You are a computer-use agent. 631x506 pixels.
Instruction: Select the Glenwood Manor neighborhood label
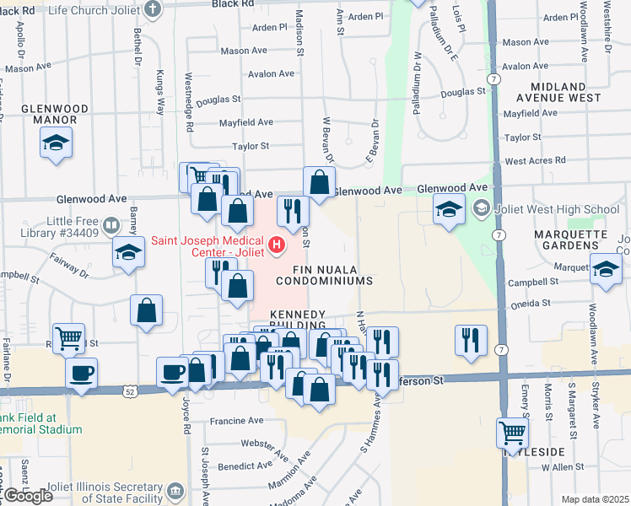tap(49, 114)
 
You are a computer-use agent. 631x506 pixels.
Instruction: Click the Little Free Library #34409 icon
tap(111, 225)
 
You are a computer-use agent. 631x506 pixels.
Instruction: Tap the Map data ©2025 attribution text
tap(595, 499)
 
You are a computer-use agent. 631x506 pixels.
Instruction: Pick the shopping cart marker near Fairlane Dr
tap(68, 338)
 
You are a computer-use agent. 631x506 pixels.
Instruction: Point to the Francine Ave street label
tap(237, 420)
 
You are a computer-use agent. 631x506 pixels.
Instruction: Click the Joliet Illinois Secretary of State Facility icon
tap(175, 490)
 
